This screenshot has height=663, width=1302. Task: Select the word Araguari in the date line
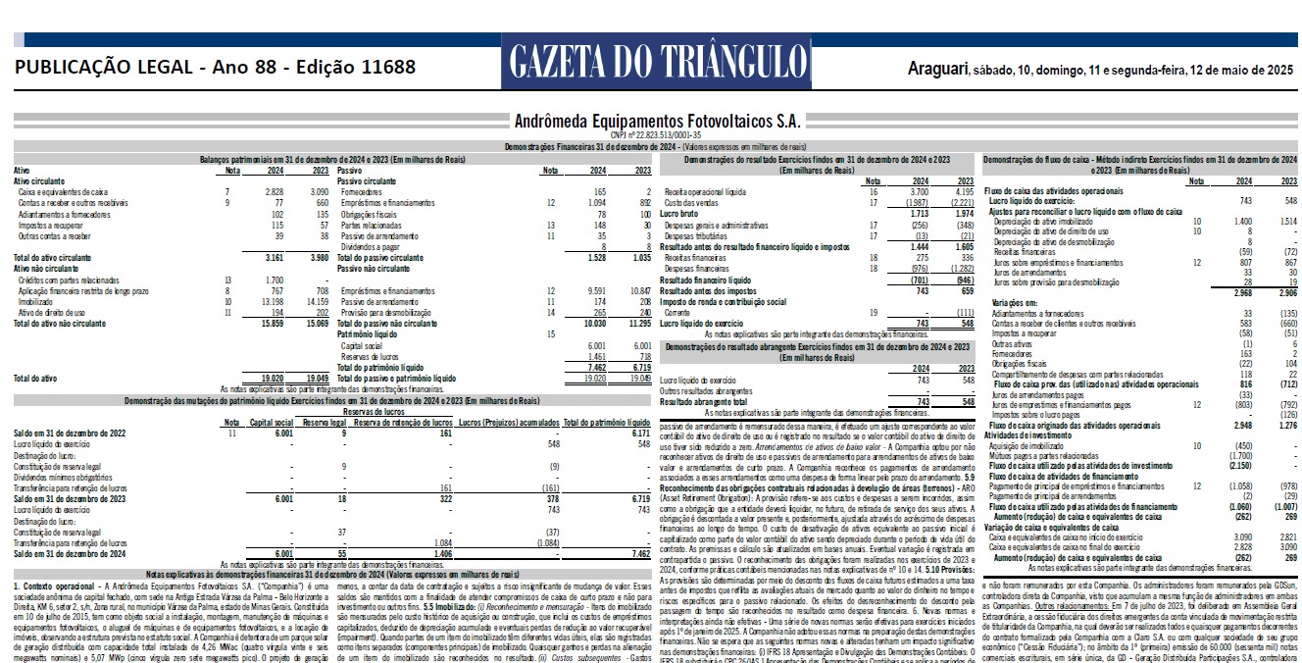(936, 70)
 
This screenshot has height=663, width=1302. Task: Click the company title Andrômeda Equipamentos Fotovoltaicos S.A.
(656, 122)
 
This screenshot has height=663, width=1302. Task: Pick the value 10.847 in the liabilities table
(636, 291)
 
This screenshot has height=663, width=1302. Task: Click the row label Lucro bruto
(677, 213)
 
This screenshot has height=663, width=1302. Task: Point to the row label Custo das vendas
(690, 203)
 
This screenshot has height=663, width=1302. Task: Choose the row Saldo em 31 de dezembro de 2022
(70, 433)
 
